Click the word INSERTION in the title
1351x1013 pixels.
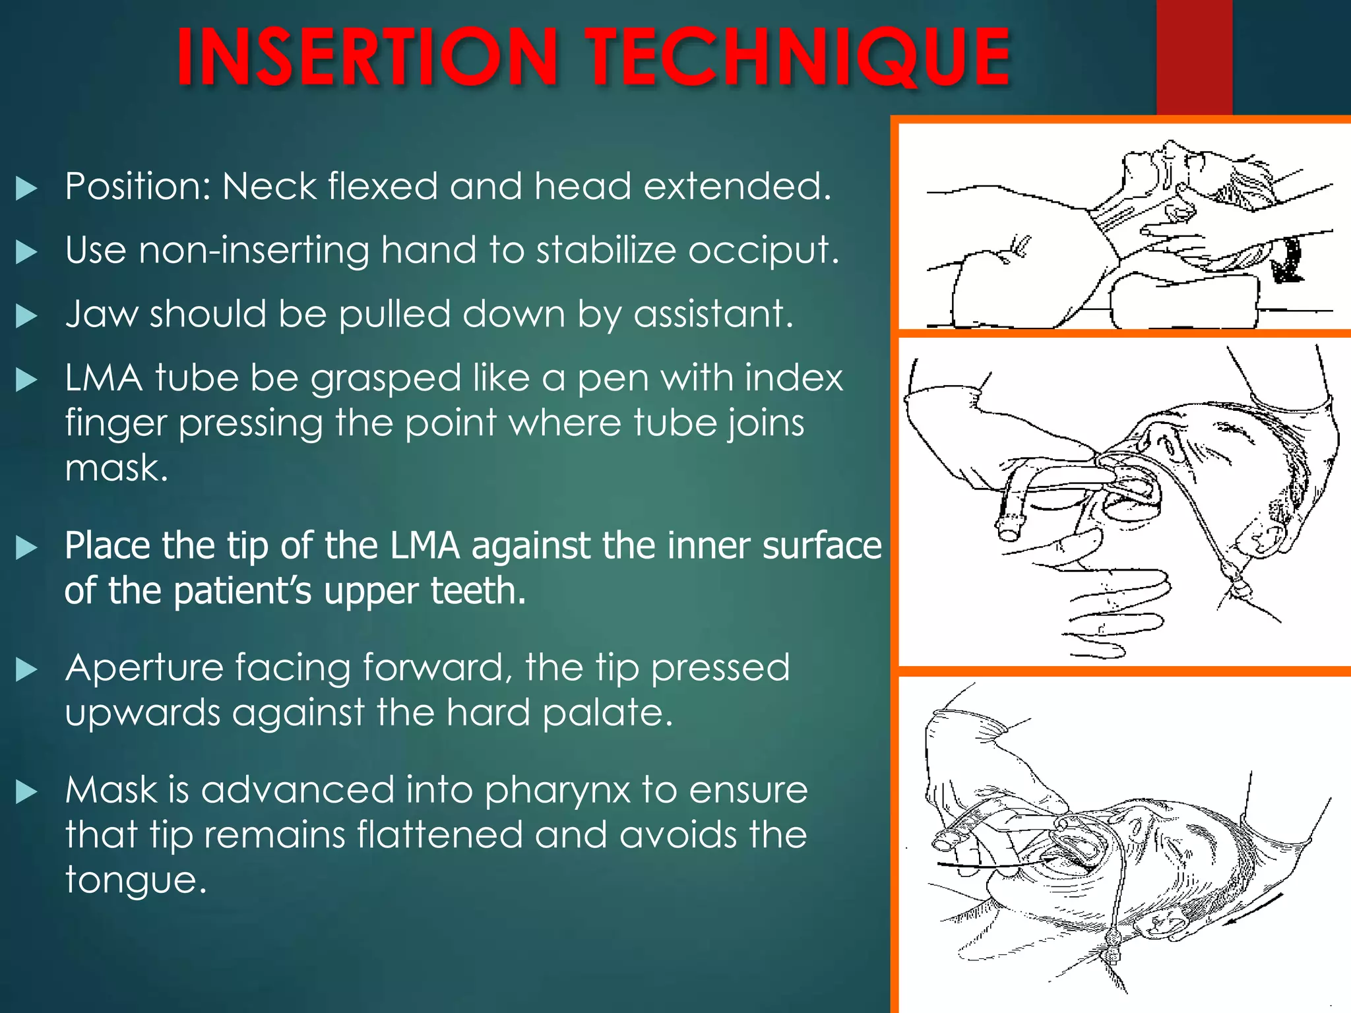(367, 57)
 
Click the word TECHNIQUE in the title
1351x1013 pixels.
(798, 57)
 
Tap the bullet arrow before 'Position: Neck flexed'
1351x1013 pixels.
(26, 189)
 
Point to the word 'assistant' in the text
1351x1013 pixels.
(712, 314)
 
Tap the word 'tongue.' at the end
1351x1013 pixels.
(136, 880)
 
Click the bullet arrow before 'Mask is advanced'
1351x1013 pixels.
(26, 791)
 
